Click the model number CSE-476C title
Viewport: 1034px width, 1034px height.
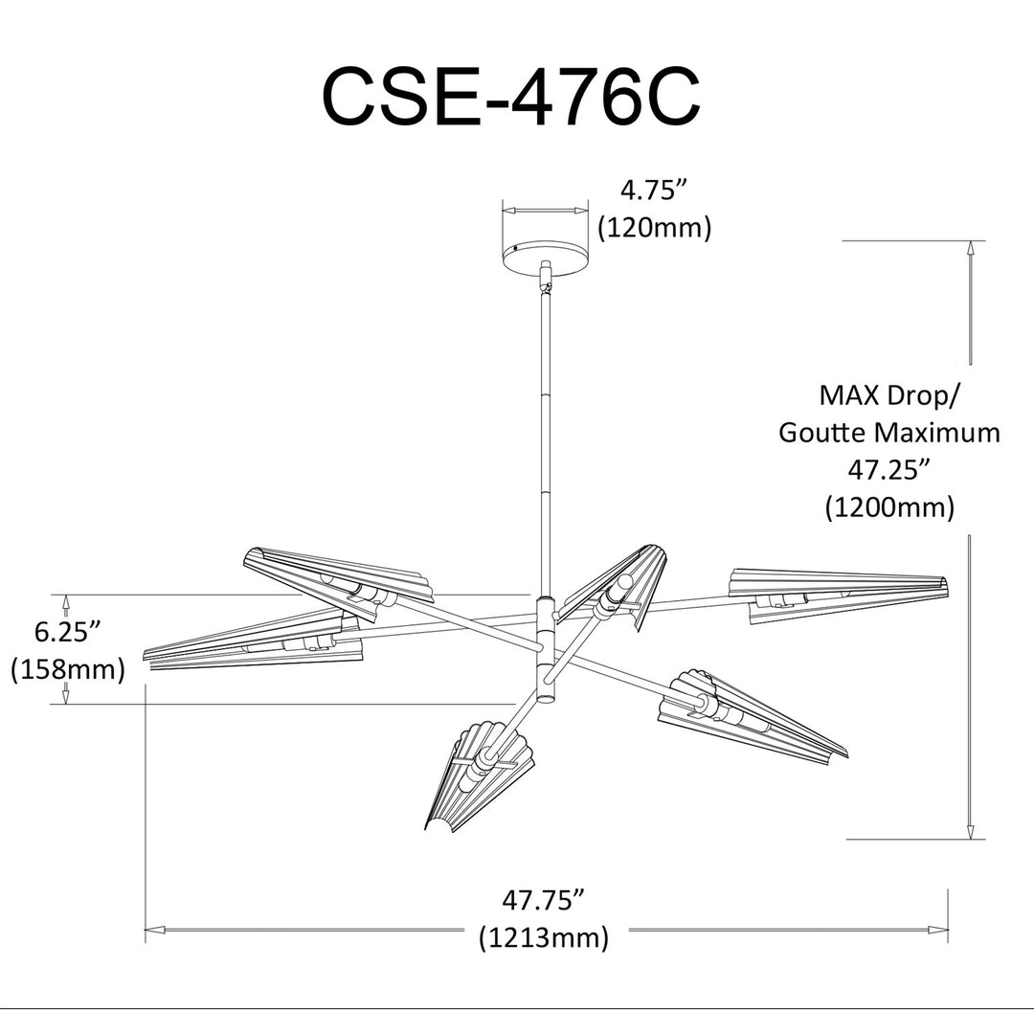tap(511, 97)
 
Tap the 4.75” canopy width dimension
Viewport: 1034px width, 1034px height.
tap(655, 191)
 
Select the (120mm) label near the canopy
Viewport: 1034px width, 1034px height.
tap(655, 228)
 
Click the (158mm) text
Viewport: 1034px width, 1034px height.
tap(68, 669)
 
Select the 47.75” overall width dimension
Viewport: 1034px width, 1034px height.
tap(544, 900)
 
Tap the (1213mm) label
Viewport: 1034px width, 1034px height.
tap(544, 937)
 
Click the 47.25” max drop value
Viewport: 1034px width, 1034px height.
tap(888, 470)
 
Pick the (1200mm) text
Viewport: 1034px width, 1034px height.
tap(889, 507)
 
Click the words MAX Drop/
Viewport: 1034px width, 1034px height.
tap(889, 395)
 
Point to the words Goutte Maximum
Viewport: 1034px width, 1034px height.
tap(889, 434)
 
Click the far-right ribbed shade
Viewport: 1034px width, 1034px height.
tap(838, 595)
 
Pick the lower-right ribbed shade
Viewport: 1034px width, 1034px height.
tap(752, 717)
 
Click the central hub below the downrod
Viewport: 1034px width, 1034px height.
tap(546, 648)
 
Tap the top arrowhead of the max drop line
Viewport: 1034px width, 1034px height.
tap(970, 249)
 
